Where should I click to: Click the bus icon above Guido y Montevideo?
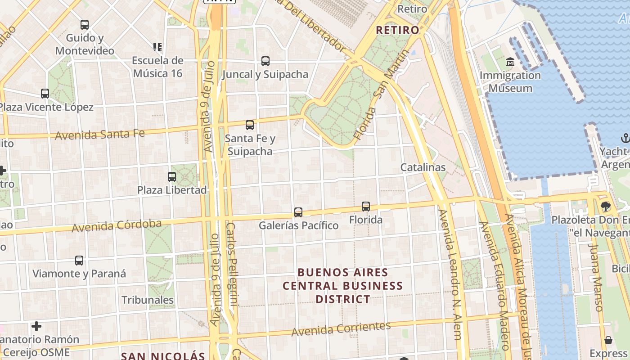(85, 25)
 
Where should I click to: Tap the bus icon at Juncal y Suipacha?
(265, 61)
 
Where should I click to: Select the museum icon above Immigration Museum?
(510, 62)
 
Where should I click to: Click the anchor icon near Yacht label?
(625, 138)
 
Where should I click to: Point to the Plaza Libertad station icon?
(172, 177)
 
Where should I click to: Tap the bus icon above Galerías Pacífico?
(298, 212)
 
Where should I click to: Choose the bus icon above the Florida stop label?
(366, 207)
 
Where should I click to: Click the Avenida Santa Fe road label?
(100, 134)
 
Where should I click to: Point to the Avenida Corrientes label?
(341, 329)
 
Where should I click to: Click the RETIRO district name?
(397, 30)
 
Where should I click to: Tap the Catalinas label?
(423, 167)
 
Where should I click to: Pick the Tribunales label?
(148, 300)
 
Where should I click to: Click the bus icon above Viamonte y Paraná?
(79, 261)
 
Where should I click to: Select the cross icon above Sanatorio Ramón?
(36, 326)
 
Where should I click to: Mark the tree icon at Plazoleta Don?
(605, 207)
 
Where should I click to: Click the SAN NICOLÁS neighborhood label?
(163, 355)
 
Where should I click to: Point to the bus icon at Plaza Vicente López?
(45, 94)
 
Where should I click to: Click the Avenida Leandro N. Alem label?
(451, 279)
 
